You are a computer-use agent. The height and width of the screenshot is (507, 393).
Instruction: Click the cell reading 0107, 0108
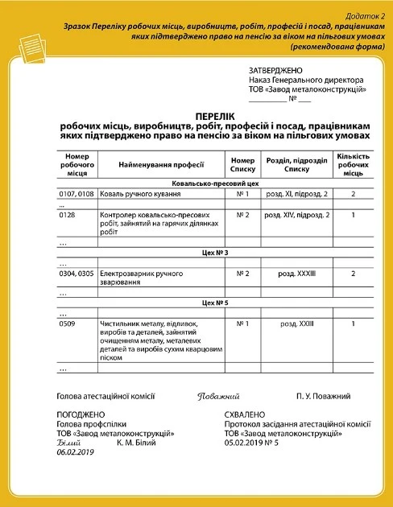(x=77, y=194)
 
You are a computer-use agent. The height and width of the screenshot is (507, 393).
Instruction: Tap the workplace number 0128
(x=68, y=215)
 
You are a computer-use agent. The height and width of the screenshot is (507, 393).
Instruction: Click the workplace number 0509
(x=68, y=324)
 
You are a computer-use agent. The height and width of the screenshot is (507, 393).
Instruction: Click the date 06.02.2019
(x=76, y=453)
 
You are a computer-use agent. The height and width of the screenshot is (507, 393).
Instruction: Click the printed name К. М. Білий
(x=136, y=443)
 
